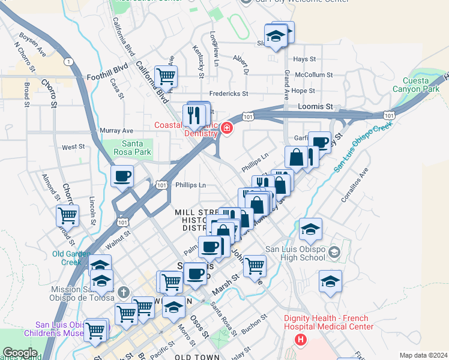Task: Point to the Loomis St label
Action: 315,106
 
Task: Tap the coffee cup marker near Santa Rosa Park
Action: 122,177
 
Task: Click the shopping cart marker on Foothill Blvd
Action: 166,76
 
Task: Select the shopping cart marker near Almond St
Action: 68,215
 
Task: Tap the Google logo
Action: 20,353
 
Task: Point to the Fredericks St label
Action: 228,94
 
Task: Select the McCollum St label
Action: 314,75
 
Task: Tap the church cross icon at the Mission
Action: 124,293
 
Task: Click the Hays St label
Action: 305,59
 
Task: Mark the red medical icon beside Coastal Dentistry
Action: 227,127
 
